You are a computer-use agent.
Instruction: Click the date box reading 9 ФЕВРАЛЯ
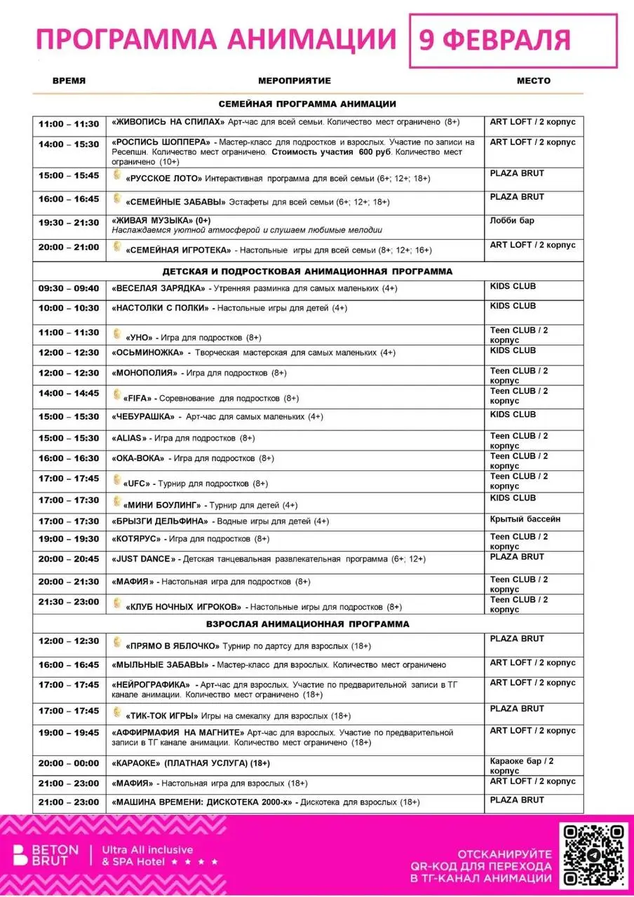pyautogui.click(x=513, y=39)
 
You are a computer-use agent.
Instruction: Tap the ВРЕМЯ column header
pyautogui.click(x=69, y=81)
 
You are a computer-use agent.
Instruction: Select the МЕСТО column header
pyautogui.click(x=534, y=81)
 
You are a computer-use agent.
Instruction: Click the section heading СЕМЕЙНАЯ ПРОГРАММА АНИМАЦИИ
pyautogui.click(x=307, y=104)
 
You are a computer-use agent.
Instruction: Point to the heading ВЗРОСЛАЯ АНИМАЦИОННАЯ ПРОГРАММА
pyautogui.click(x=308, y=624)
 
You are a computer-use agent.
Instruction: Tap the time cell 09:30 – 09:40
pyautogui.click(x=69, y=288)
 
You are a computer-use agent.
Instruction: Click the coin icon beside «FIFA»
pyautogui.click(x=117, y=395)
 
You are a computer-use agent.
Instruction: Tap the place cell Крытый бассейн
pyautogui.click(x=525, y=519)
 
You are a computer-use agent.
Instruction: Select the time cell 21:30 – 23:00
pyautogui.click(x=69, y=603)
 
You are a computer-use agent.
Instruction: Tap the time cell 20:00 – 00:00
pyautogui.click(x=69, y=763)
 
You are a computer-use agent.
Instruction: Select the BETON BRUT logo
pyautogui.click(x=45, y=856)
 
